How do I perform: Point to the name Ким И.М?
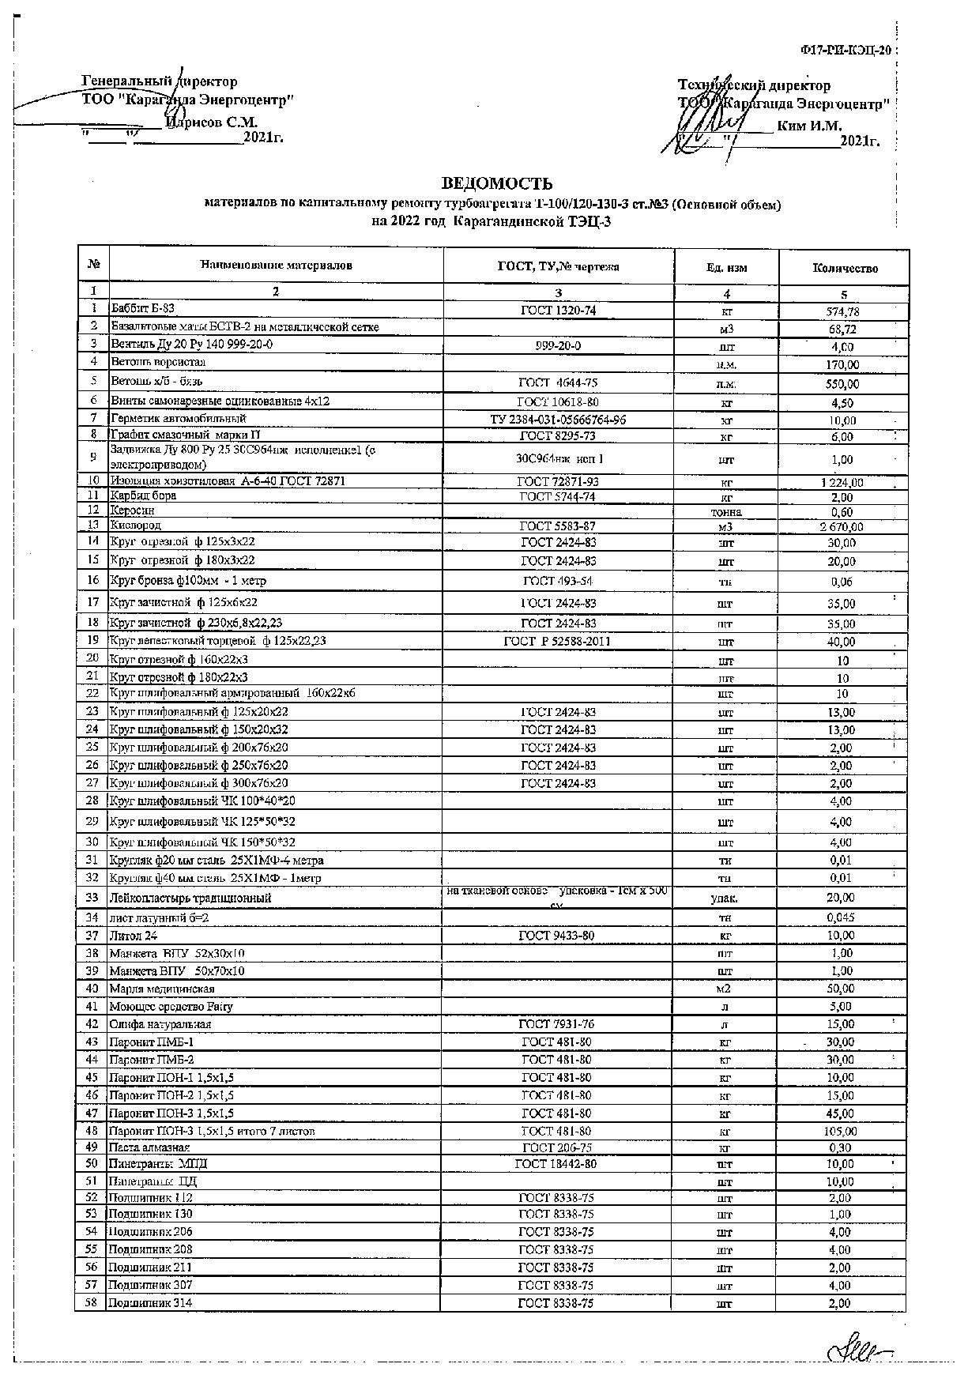coord(809,125)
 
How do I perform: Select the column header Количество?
coord(844,268)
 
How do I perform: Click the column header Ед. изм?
coord(726,268)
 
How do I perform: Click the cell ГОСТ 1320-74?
coord(558,311)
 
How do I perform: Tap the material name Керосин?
coord(133,510)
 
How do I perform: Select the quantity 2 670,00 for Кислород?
coord(842,526)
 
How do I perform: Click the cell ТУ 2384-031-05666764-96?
coord(558,420)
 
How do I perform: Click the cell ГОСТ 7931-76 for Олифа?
coord(556,1024)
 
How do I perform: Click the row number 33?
coord(92,897)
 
